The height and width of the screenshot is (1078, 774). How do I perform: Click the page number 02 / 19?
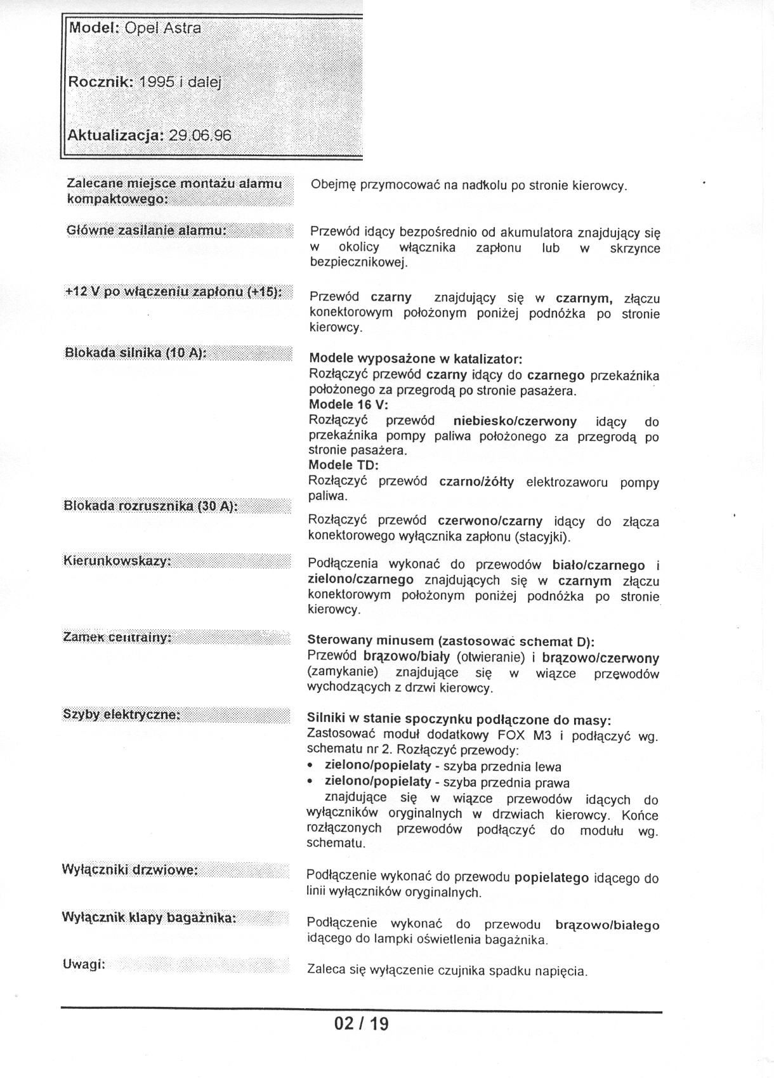point(361,1023)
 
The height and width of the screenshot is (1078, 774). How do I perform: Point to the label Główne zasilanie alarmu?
point(146,230)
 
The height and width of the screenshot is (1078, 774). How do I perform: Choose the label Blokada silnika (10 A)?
point(135,353)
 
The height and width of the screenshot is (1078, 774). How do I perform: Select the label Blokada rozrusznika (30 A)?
point(150,506)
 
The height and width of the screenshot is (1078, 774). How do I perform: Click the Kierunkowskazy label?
point(117,562)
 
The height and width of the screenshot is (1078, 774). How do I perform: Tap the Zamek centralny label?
point(117,637)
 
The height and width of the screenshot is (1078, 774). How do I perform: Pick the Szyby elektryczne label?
point(122,714)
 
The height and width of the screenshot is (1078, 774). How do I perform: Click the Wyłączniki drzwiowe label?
point(130,869)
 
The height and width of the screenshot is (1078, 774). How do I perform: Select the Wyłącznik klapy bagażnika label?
point(149,917)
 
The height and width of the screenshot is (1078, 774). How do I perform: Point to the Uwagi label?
point(84,964)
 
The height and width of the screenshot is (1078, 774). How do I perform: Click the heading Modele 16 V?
point(348,405)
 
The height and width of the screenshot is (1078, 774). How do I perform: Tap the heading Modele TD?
point(343,465)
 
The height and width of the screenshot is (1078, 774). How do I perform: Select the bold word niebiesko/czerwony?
point(515,421)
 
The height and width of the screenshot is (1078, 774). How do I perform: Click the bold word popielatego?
point(551,878)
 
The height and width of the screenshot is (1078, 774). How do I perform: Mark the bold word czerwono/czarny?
point(490,521)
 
